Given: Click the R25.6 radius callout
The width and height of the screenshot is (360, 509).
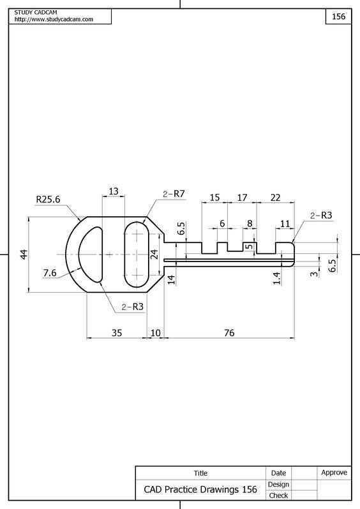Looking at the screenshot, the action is tap(48, 199).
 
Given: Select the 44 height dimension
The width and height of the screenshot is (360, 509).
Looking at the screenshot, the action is tap(24, 254).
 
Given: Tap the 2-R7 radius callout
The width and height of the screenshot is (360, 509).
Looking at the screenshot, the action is tap(174, 194).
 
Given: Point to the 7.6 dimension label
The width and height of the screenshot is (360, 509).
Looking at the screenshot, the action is tap(50, 273).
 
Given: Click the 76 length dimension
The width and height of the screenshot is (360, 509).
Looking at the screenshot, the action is tap(229, 333).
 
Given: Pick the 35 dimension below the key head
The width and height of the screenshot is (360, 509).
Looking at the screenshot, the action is tap(117, 333).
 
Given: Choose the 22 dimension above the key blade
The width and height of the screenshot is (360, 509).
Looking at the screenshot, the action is tap(275, 197).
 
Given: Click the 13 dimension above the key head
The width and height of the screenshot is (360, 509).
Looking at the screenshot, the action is tap(114, 191).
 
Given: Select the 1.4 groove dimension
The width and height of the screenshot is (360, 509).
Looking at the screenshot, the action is tap(276, 278).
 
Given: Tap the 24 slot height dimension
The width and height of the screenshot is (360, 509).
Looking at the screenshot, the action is tap(154, 254).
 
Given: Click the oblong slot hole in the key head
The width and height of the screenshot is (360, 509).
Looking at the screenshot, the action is tap(137, 254).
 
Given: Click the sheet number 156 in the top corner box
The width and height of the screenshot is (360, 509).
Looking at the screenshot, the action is tap(338, 16).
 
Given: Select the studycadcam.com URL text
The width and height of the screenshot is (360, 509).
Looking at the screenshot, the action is tap(54, 19).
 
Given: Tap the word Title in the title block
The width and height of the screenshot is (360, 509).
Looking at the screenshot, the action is tap(200, 473).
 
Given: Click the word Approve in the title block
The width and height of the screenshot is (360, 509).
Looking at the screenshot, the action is tap(334, 473).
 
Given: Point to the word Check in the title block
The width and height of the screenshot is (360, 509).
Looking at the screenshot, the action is tap(278, 496).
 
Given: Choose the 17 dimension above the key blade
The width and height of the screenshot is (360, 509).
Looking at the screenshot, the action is tap(242, 197).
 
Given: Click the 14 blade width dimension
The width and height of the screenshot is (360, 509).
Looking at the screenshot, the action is tap(171, 279).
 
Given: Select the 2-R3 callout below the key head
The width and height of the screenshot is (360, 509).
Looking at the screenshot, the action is tap(133, 307).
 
